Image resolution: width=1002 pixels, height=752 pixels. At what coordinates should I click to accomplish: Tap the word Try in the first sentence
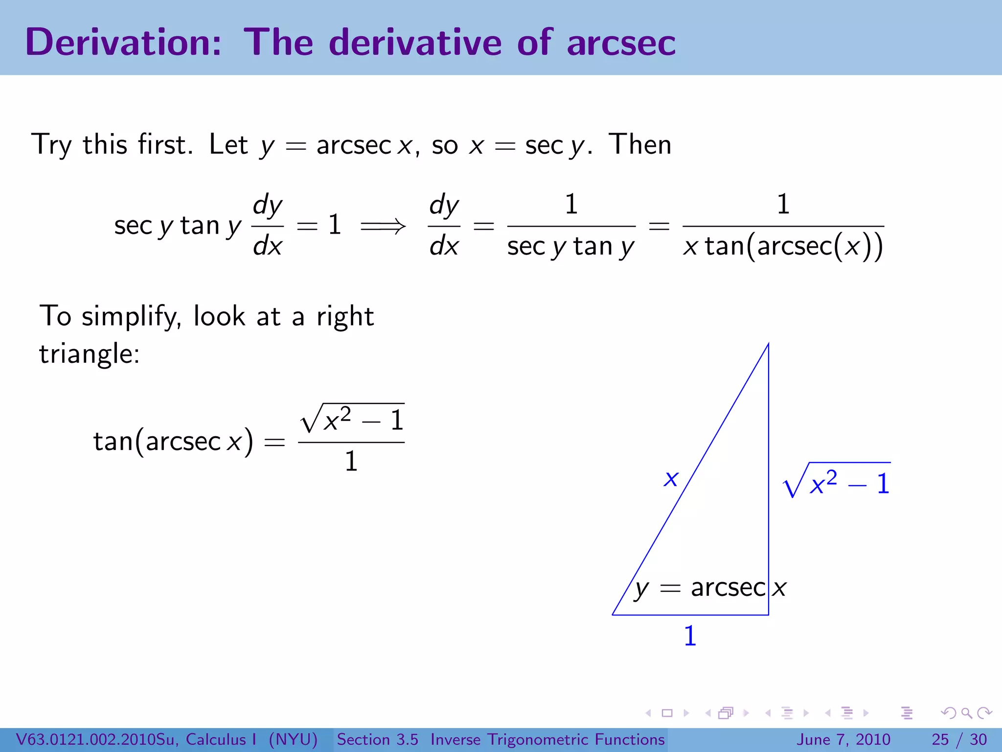(51, 145)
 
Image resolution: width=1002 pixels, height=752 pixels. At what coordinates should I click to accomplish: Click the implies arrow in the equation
(383, 226)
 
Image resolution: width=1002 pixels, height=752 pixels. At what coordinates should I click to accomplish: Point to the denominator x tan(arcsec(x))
(783, 246)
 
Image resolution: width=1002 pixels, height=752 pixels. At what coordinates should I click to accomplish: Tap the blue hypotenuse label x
(671, 478)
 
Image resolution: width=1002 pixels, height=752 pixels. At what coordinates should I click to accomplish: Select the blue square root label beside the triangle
(837, 482)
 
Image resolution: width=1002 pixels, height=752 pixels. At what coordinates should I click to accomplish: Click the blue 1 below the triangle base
(690, 636)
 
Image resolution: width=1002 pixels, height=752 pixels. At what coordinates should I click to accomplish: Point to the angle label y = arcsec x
(710, 588)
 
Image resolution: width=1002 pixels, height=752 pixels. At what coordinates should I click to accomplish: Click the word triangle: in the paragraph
(90, 353)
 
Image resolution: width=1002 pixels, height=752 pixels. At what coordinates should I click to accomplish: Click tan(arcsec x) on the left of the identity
(173, 441)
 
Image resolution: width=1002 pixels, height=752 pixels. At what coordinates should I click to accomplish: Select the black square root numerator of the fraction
(352, 420)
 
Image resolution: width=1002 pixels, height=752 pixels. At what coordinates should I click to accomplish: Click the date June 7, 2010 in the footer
(843, 739)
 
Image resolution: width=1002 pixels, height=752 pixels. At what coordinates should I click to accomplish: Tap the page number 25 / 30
(959, 739)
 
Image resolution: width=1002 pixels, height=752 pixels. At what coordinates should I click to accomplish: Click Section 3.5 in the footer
(377, 739)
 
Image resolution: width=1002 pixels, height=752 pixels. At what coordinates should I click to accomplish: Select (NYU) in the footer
(293, 739)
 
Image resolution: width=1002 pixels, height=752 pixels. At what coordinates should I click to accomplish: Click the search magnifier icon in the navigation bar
(966, 713)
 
